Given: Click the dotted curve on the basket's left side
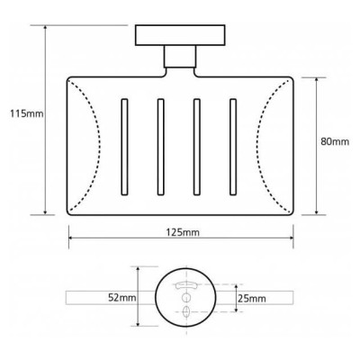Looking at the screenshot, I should [85, 144].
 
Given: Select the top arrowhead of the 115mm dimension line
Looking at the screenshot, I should [45, 30].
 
